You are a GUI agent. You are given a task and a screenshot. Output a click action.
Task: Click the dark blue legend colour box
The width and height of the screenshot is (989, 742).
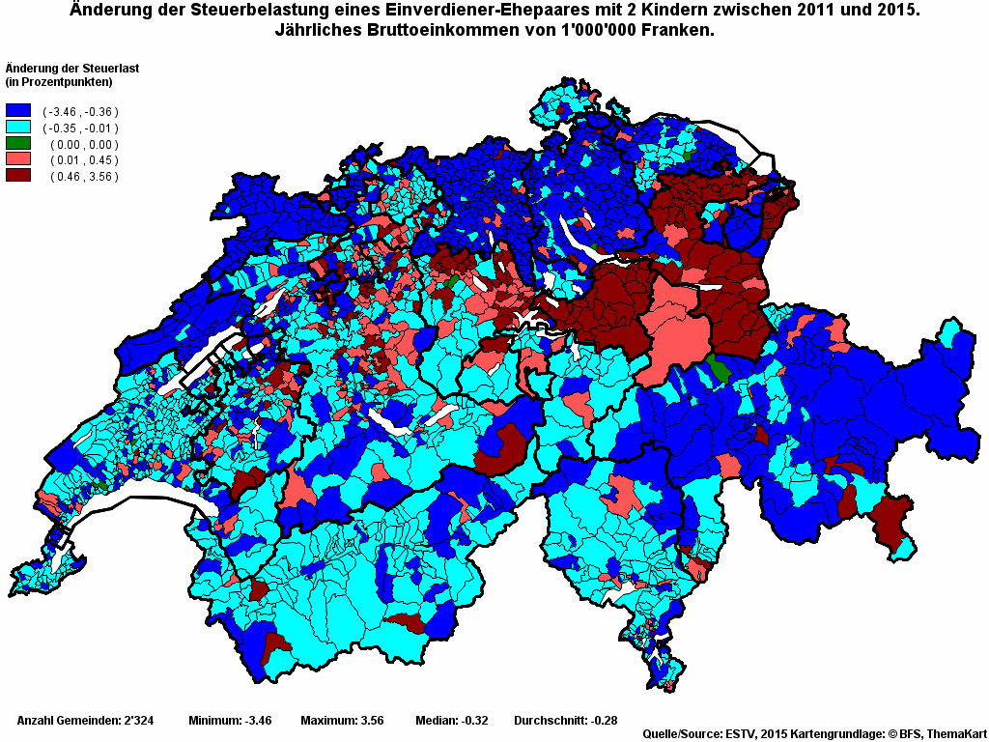click(18, 111)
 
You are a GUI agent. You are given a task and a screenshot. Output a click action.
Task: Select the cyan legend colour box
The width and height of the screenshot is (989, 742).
click(18, 128)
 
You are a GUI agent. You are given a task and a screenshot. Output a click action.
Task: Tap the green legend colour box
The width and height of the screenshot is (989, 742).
click(18, 144)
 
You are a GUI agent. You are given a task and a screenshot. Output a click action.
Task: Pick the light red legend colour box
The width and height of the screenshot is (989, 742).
click(18, 159)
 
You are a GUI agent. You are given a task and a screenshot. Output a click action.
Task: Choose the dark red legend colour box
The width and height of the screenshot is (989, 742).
click(18, 176)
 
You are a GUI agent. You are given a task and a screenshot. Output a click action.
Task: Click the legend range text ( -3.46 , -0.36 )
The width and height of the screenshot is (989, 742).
click(80, 112)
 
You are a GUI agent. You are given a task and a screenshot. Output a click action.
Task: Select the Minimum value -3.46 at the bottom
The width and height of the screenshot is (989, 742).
click(258, 721)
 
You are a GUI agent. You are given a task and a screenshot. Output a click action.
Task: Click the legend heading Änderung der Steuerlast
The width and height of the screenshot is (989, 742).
click(69, 68)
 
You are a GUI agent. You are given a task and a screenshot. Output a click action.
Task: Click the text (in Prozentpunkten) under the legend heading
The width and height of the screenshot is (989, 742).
click(59, 81)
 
